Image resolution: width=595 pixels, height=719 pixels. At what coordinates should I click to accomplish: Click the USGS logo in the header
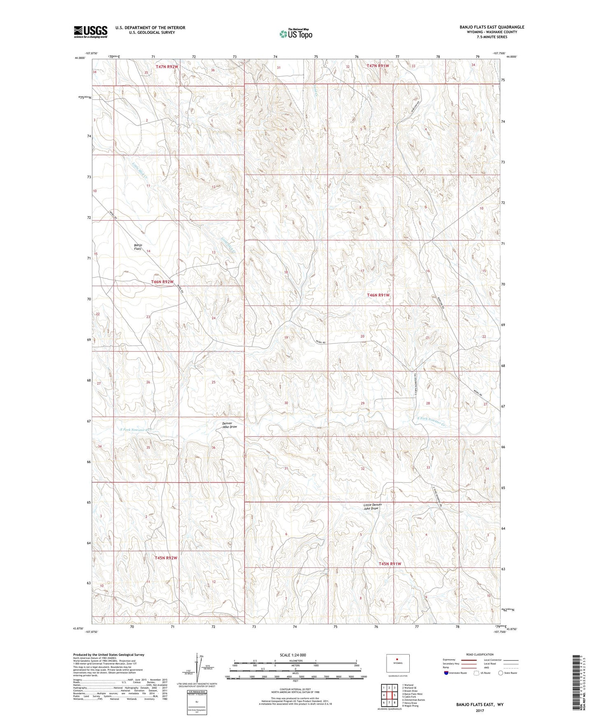(x=91, y=31)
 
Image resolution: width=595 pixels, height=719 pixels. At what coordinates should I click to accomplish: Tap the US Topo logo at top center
(x=295, y=34)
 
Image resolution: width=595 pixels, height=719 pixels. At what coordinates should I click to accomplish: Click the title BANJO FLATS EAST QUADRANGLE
(x=492, y=27)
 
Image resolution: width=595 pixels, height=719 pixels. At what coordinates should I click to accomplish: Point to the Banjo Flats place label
(x=138, y=247)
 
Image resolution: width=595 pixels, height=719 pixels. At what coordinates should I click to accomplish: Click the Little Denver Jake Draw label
(x=371, y=507)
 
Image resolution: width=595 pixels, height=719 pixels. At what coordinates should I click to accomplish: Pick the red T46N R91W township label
(x=378, y=295)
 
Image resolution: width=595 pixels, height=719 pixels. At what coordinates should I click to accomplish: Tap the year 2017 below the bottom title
(x=480, y=710)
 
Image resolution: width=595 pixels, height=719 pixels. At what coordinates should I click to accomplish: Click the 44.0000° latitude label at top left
(x=80, y=58)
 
